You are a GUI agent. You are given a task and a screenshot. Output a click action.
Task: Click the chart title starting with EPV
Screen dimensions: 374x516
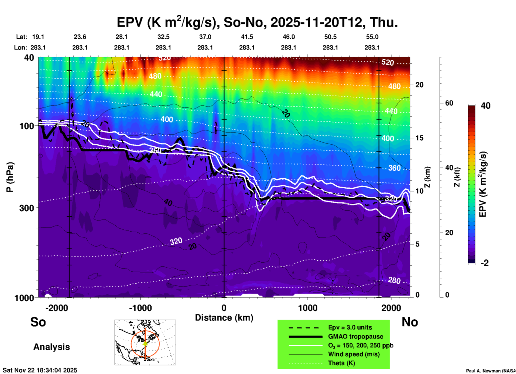coord(257,22)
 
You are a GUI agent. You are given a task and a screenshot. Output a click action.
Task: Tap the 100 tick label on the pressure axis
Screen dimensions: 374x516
coord(27,126)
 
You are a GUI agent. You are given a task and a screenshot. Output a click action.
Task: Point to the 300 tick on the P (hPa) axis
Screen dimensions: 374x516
coord(27,208)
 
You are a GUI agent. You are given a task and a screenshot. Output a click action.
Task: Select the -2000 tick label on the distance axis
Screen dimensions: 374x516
coord(57,308)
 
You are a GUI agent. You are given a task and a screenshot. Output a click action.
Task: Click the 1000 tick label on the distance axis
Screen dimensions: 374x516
coord(308,308)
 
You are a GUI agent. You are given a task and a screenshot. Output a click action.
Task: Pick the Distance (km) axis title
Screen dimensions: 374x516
coord(224,318)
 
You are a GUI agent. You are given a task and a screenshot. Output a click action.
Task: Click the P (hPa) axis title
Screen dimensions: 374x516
coord(10,177)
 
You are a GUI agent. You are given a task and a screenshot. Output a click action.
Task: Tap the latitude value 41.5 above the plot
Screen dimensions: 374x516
coord(247,37)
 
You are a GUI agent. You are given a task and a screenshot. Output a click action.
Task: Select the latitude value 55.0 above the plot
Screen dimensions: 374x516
coord(372,37)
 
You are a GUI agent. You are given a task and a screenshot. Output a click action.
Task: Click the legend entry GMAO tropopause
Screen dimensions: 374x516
coord(356,336)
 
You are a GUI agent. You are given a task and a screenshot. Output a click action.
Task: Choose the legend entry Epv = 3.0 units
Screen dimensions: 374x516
coord(350,327)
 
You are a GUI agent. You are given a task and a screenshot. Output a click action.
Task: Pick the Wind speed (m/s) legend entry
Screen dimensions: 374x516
coord(354,354)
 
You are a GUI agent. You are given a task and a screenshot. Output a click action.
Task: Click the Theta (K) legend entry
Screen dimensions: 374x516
coord(341,363)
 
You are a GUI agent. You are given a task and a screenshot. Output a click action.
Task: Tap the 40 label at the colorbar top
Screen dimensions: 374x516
coord(485,106)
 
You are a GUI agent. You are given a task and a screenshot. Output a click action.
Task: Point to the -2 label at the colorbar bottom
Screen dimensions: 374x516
coord(485,263)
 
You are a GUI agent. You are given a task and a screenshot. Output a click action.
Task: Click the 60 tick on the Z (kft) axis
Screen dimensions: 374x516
coord(449,103)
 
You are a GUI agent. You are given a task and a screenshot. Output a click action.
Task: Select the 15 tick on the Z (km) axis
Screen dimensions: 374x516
coord(419,138)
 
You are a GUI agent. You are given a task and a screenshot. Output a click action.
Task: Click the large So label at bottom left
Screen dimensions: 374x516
coord(38,322)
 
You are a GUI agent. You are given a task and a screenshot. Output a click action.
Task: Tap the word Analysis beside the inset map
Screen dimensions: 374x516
coord(51,347)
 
